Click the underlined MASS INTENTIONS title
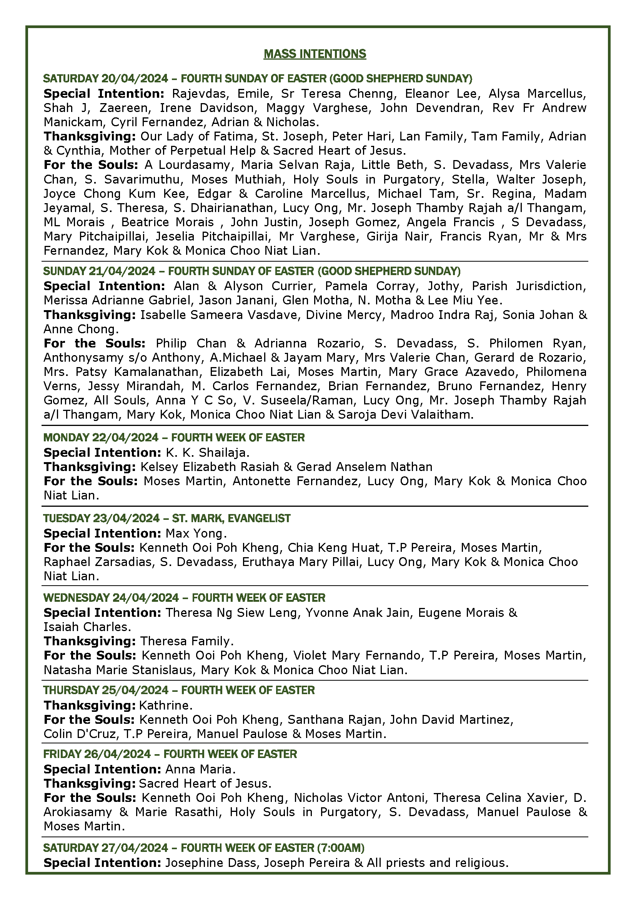315,54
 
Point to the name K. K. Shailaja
206,453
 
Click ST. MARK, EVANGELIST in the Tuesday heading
231,518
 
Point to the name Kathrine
165,705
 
